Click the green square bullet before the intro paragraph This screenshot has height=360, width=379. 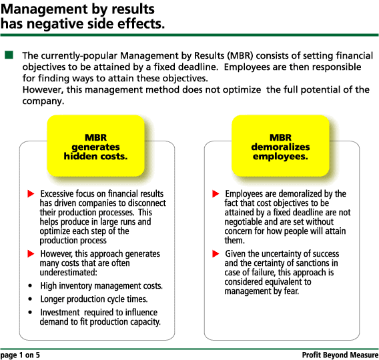[9, 55]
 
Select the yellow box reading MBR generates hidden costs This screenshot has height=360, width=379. [95, 145]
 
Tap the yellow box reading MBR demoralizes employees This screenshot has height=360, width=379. [280, 145]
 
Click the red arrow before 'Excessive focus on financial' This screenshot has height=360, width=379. [31, 193]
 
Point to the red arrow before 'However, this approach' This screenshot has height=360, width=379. [31, 254]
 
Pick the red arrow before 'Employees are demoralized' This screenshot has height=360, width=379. [216, 193]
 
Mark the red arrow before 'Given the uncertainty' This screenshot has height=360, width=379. [216, 254]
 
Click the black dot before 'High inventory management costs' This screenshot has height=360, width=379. [30, 286]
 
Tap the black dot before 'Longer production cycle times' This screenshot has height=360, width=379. [30, 299]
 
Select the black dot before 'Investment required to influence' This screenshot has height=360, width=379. [30, 313]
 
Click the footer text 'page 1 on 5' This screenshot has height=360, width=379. [20, 355]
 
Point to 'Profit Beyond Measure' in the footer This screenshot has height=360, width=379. [340, 355]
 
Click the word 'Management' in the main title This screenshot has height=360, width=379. [41, 9]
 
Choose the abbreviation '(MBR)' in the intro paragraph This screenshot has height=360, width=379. [240, 56]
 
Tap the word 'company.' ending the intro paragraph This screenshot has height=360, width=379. [43, 101]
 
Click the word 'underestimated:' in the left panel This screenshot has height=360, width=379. [69, 273]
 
